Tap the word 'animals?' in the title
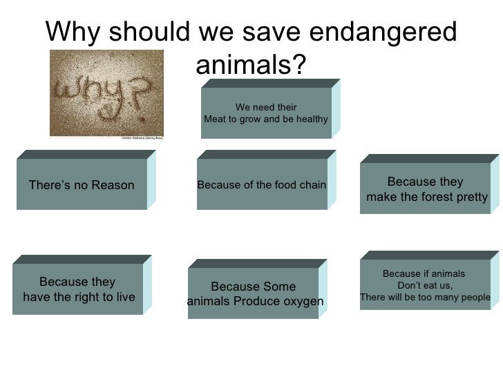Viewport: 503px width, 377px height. tap(251, 66)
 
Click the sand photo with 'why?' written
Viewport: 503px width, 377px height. tap(106, 93)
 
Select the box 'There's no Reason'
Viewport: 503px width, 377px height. tap(82, 185)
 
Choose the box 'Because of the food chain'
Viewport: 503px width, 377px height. tap(262, 184)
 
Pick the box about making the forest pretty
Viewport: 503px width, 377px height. tap(426, 190)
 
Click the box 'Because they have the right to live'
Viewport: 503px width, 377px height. tap(78, 290)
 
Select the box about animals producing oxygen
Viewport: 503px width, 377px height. tap(254, 294)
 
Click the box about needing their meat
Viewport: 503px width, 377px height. tap(266, 113)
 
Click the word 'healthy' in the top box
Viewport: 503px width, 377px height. tap(312, 119)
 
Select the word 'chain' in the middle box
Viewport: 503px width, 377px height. tap(312, 184)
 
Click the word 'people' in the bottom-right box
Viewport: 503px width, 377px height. tap(473, 298)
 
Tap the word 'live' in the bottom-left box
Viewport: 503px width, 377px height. tap(124, 298)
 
